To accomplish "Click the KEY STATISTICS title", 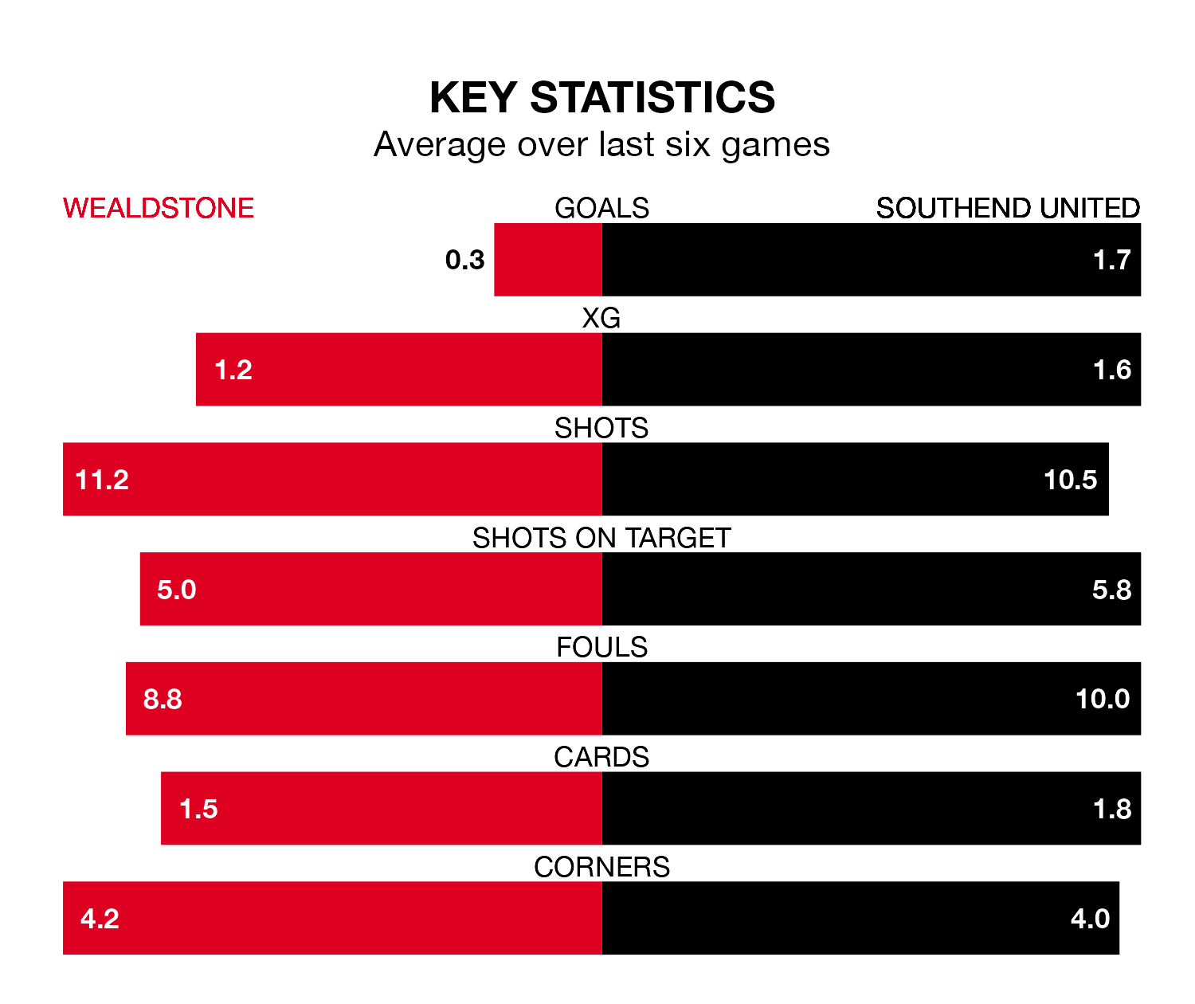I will pyautogui.click(x=601, y=98).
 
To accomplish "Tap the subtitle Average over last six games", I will pyautogui.click(x=601, y=145).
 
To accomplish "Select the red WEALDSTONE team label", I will pyautogui.click(x=159, y=208).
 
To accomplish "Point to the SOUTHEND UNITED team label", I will pyautogui.click(x=1008, y=208).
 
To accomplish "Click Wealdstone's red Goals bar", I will pyautogui.click(x=548, y=260).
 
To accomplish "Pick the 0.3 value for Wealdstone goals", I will pyautogui.click(x=464, y=260).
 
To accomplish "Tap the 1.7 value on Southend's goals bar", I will pyautogui.click(x=1111, y=260).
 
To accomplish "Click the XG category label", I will pyautogui.click(x=601, y=319).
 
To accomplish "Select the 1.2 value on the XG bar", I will pyautogui.click(x=233, y=370).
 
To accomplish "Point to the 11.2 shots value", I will pyautogui.click(x=102, y=480).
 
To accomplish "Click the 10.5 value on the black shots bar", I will pyautogui.click(x=1070, y=480).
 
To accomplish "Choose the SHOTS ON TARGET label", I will pyautogui.click(x=601, y=538).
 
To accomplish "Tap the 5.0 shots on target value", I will pyautogui.click(x=176, y=590).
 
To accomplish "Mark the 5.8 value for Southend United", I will pyautogui.click(x=1111, y=590).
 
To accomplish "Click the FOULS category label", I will pyautogui.click(x=601, y=647).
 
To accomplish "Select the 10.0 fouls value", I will pyautogui.click(x=1103, y=699).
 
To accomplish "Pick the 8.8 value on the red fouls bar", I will pyautogui.click(x=163, y=699).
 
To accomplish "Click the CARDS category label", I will pyautogui.click(x=601, y=757).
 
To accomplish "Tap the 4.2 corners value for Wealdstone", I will pyautogui.click(x=100, y=919).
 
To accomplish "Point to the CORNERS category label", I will pyautogui.click(x=601, y=867).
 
